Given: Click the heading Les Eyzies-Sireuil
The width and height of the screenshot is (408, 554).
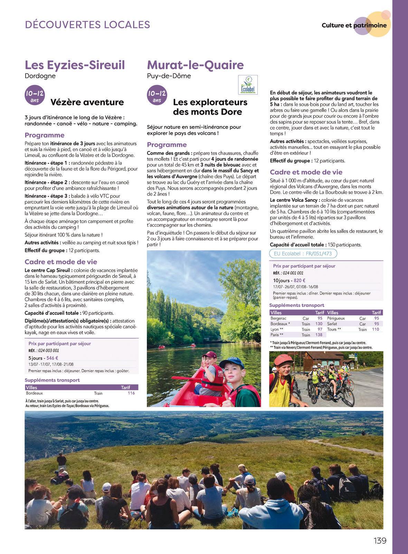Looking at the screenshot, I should click(x=75, y=65).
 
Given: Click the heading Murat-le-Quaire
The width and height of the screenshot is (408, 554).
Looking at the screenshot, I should click(x=195, y=65).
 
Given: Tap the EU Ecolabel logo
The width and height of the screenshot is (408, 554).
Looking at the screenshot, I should click(x=248, y=85).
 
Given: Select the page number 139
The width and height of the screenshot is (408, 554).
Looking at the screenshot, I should click(x=380, y=541).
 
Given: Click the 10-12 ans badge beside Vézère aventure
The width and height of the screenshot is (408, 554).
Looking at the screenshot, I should click(x=35, y=95).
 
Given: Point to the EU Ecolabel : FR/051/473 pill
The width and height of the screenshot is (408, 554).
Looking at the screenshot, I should click(x=303, y=254).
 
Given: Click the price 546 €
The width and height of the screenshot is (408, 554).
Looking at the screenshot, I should click(x=52, y=358).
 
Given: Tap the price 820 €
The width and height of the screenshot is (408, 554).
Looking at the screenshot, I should click(x=300, y=281).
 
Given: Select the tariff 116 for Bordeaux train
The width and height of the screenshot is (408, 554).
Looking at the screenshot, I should click(x=131, y=393).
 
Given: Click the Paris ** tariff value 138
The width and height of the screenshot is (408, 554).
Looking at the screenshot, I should click(x=319, y=335).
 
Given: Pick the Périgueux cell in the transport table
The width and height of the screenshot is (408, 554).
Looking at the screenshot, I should click(x=336, y=318).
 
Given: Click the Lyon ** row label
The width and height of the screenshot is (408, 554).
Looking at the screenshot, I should click(x=277, y=329).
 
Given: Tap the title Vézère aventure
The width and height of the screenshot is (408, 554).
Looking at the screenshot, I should click(x=87, y=102).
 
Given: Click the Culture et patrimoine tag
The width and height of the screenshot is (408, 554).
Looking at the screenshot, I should click(x=354, y=25).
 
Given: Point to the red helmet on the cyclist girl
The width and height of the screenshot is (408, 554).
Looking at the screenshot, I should click(x=283, y=360).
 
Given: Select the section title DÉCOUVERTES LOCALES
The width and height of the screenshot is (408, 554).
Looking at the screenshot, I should click(x=87, y=25).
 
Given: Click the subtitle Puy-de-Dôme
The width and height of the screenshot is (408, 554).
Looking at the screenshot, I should click(x=169, y=76).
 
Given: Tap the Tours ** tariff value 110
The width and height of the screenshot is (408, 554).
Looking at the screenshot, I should click(x=375, y=329).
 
